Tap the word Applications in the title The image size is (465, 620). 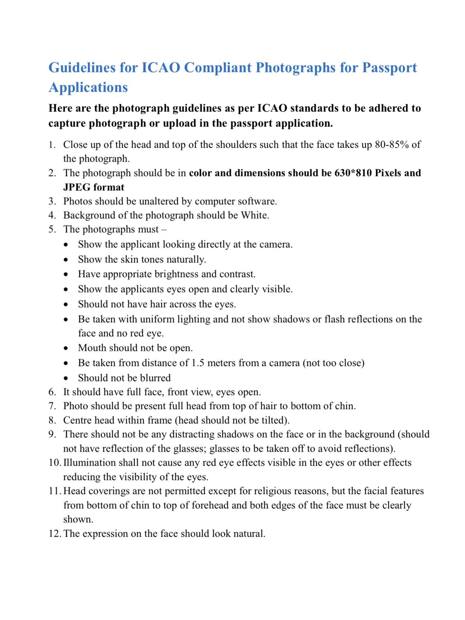coord(88,88)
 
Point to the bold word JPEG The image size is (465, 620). coord(76,187)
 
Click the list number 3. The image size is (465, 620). coord(52,201)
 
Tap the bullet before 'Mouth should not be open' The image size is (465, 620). coord(66,348)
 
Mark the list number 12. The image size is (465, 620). coord(55,534)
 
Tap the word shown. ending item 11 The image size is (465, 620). coord(78,519)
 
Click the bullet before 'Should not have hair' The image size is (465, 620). coord(66,305)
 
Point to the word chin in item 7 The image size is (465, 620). coord(344,406)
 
